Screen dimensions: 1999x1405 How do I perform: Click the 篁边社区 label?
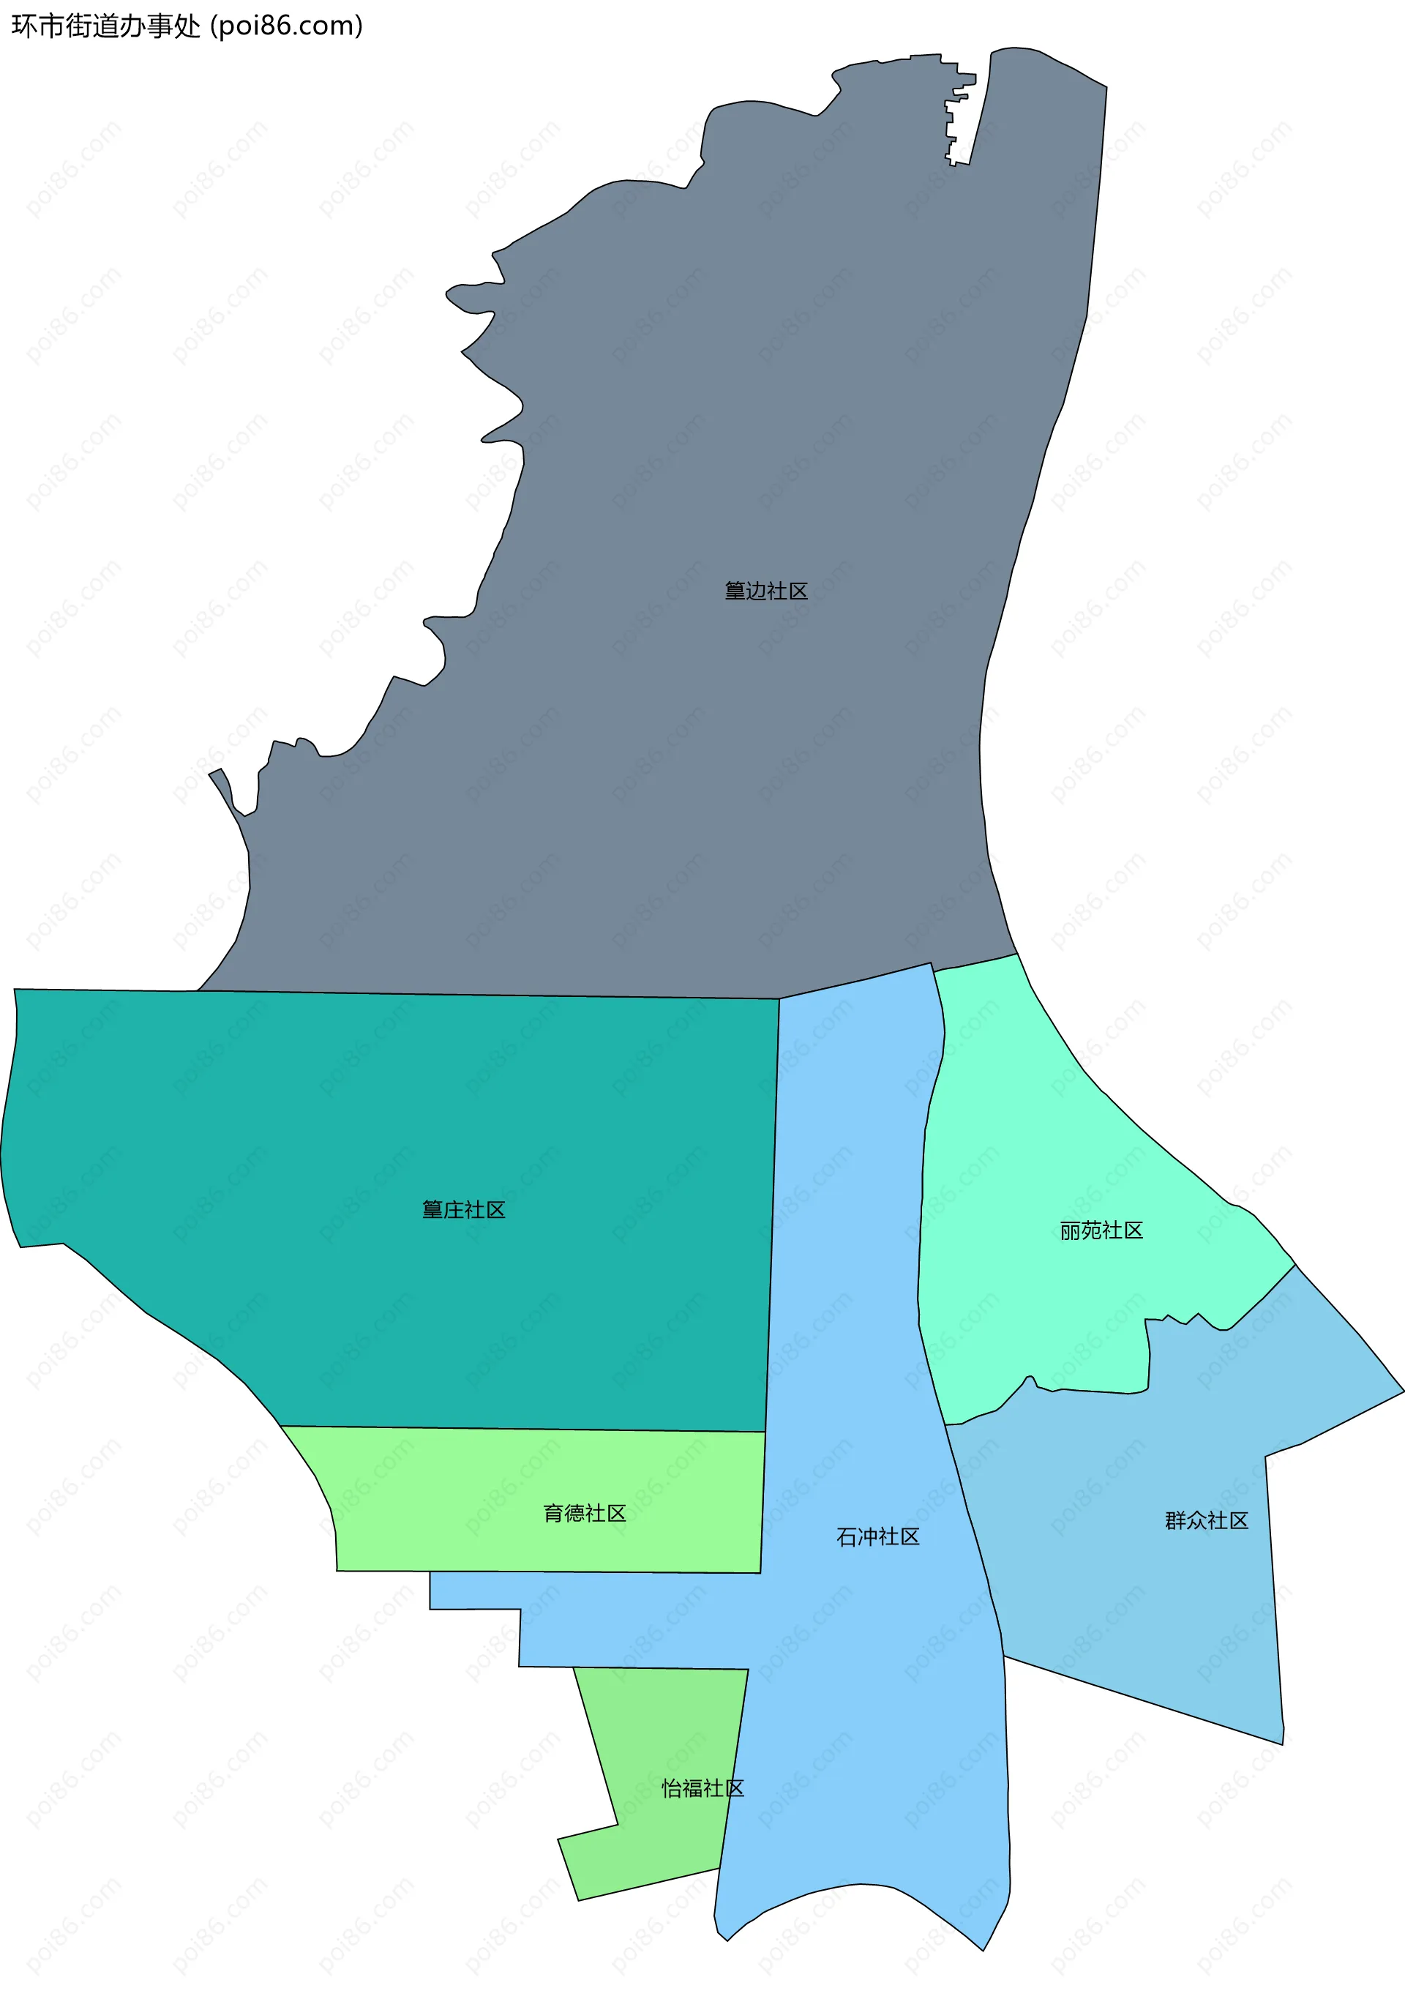[766, 591]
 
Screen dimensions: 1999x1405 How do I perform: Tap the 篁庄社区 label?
[463, 1209]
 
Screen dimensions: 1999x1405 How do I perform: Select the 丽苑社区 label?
[1101, 1230]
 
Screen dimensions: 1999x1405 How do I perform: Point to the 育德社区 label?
[584, 1513]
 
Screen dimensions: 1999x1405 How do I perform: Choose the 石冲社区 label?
[877, 1536]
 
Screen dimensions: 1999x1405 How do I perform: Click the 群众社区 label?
[1207, 1520]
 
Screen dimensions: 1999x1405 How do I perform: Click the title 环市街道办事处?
[105, 26]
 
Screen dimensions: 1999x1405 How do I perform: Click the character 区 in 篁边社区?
[798, 591]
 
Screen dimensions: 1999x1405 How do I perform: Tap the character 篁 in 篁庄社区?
[432, 1209]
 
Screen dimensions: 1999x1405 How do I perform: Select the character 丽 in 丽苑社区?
[1070, 1230]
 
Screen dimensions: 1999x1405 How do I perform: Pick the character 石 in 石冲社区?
[846, 1536]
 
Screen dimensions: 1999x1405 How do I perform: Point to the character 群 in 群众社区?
[1175, 1520]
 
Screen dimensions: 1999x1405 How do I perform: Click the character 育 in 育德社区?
[552, 1513]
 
